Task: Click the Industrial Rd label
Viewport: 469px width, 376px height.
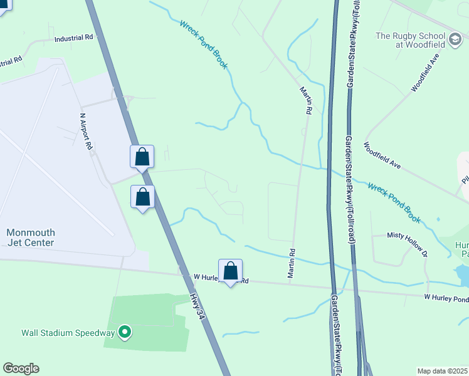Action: (73, 38)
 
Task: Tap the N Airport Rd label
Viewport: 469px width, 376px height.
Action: (86, 131)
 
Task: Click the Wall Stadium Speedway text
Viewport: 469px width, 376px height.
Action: (68, 333)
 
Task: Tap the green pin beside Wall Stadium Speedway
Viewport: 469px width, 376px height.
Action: (125, 332)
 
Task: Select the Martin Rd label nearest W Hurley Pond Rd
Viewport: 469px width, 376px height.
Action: (291, 263)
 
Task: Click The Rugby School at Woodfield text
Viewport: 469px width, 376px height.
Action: (411, 41)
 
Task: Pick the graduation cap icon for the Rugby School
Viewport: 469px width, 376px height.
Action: (455, 41)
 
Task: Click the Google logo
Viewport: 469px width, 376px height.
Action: (21, 368)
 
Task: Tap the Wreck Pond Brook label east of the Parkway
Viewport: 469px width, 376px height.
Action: (394, 202)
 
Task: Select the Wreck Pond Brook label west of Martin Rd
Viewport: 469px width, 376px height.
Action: (203, 44)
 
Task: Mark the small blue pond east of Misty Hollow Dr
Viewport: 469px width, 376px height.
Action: (463, 273)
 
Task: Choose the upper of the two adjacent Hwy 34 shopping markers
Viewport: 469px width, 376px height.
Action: (142, 156)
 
